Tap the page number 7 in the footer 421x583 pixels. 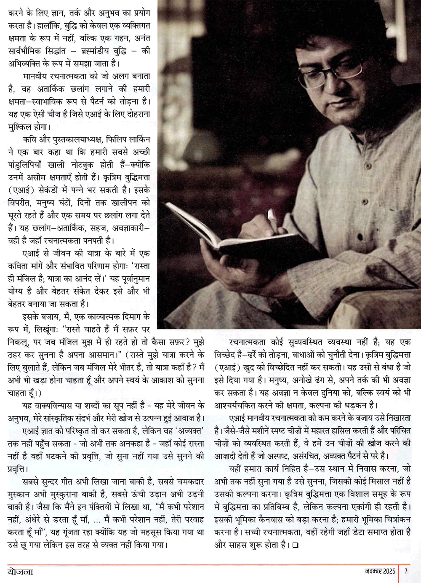(405, 572)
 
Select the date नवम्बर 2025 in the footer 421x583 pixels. (380, 572)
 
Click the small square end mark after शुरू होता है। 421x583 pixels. (295, 547)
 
